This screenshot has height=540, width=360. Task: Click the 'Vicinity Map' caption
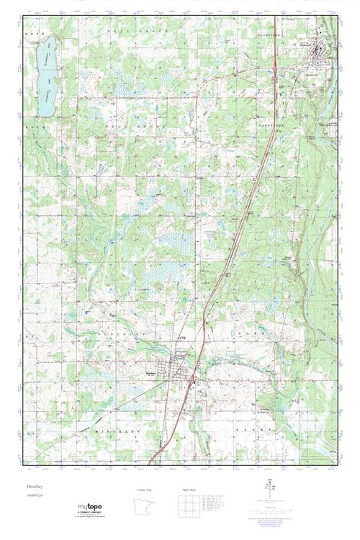coord(145,490)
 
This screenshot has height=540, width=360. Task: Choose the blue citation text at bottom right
coord(292,519)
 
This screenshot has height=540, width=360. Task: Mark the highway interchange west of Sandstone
coord(278,94)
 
